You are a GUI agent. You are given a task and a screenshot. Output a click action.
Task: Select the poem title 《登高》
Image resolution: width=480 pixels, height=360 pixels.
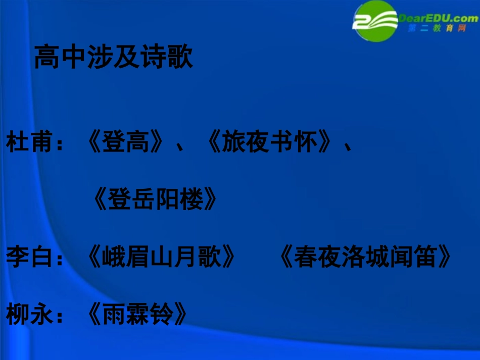click(125, 143)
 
